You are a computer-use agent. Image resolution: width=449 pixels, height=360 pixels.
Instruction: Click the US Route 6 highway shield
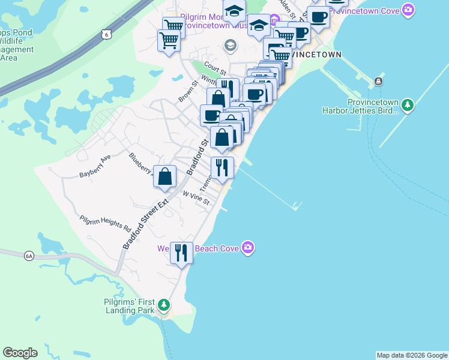[x=106, y=35]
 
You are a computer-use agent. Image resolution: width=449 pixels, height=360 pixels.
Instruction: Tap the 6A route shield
[x=29, y=256]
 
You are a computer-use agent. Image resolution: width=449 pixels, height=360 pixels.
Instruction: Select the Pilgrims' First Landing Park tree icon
[x=164, y=307]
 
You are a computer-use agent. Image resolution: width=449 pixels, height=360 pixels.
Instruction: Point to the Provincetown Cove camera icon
[x=408, y=10]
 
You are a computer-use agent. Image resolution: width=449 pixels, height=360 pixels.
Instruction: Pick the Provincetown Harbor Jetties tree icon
[x=408, y=106]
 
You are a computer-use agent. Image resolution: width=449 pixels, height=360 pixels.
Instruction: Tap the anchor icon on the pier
[x=378, y=82]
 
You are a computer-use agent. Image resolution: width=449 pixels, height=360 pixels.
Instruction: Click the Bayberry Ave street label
[x=95, y=167]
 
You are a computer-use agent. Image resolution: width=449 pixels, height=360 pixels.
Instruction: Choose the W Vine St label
[x=196, y=198]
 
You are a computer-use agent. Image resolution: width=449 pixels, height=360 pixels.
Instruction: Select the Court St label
[x=213, y=65]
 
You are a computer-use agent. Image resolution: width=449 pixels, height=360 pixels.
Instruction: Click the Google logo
[x=20, y=353]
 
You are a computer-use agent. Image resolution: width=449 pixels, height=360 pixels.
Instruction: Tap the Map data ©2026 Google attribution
[x=412, y=355]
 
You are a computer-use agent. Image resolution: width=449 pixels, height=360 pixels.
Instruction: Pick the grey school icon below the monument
[x=230, y=45]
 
